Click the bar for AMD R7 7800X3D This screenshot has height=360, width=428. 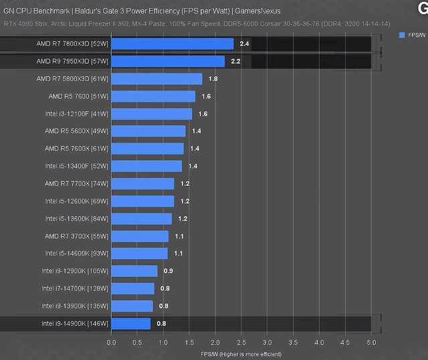(173, 44)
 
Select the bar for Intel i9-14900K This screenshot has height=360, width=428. (131, 324)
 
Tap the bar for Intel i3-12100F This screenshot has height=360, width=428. (152, 114)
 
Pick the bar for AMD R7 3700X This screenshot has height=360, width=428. (140, 236)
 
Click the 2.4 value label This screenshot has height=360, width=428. (244, 44)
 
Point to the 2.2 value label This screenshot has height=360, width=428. (235, 62)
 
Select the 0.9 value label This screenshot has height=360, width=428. (168, 271)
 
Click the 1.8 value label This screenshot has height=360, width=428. (213, 79)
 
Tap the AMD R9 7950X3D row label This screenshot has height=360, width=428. (73, 62)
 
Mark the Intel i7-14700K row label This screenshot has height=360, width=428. (75, 288)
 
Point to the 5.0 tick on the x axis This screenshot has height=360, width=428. (371, 341)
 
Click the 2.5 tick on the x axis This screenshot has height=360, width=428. (241, 341)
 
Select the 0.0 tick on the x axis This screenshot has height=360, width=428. (112, 341)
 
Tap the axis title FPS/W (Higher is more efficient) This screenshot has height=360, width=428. (240, 353)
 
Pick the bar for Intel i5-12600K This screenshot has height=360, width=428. (142, 201)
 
